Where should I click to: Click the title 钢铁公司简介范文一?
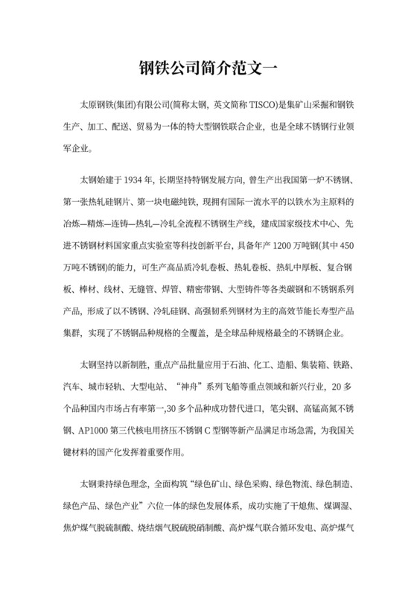(208, 68)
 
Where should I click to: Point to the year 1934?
(139, 180)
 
